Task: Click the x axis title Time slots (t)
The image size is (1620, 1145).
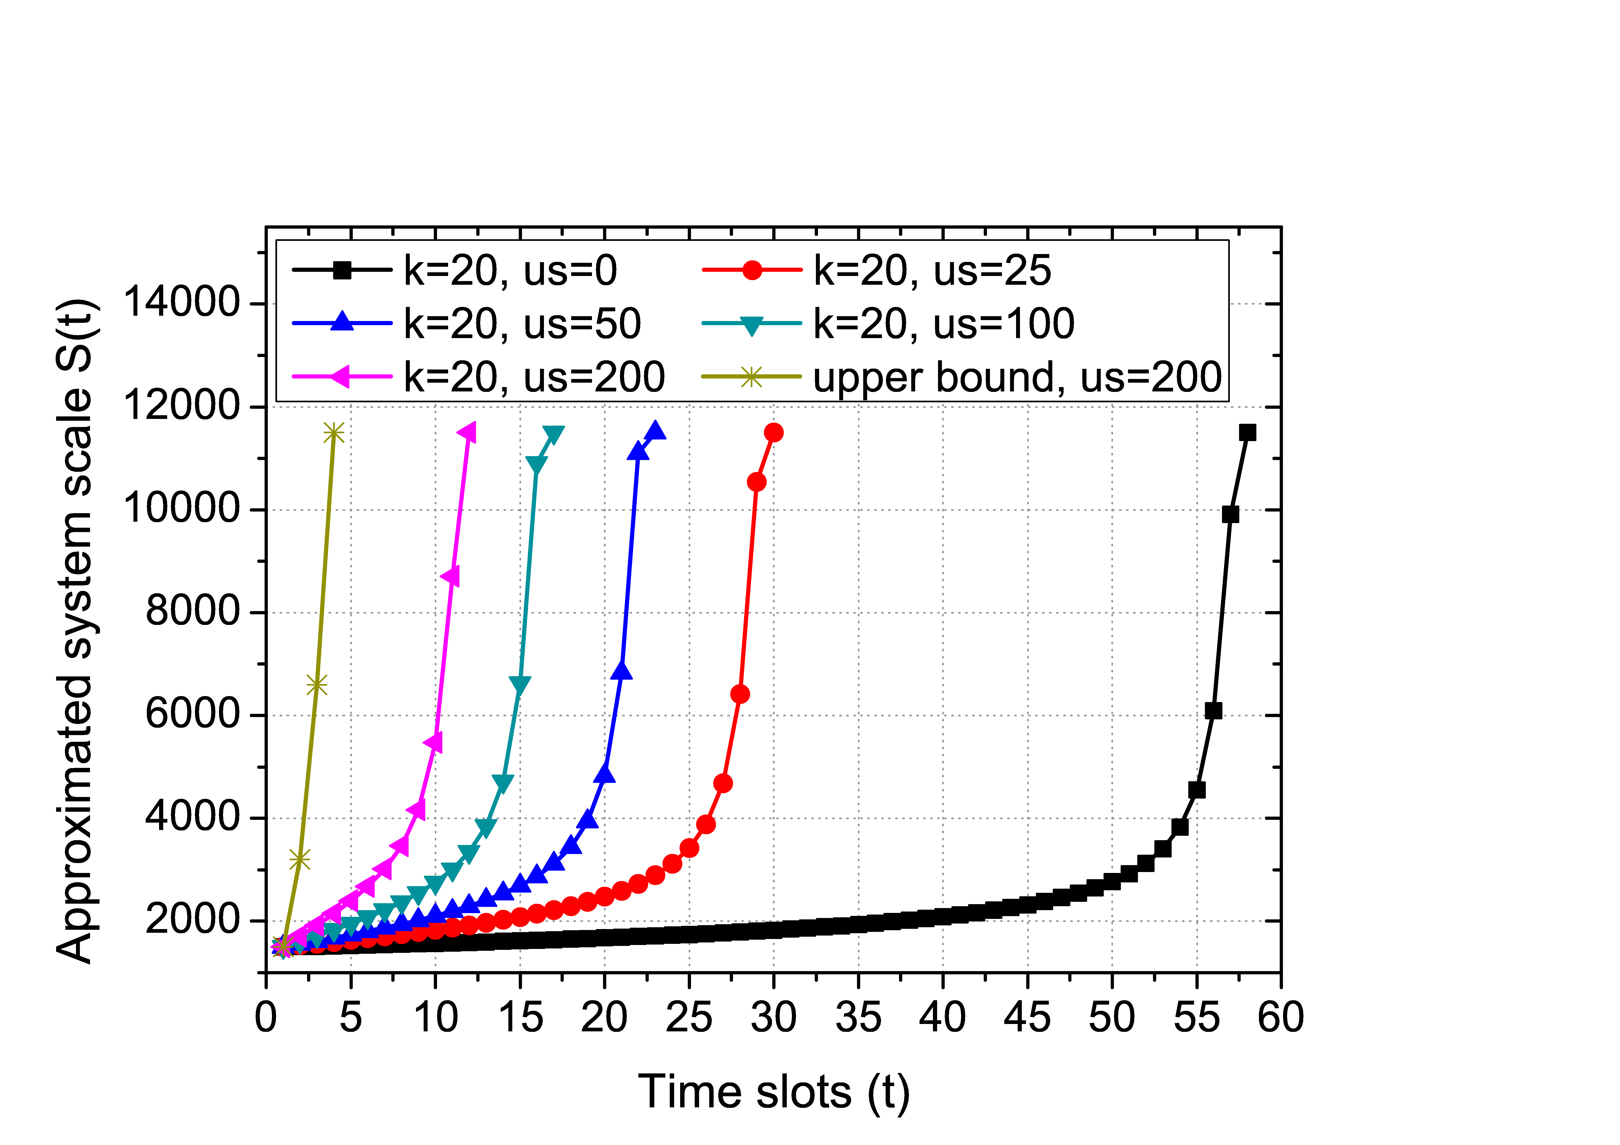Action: pyautogui.click(x=774, y=1092)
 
